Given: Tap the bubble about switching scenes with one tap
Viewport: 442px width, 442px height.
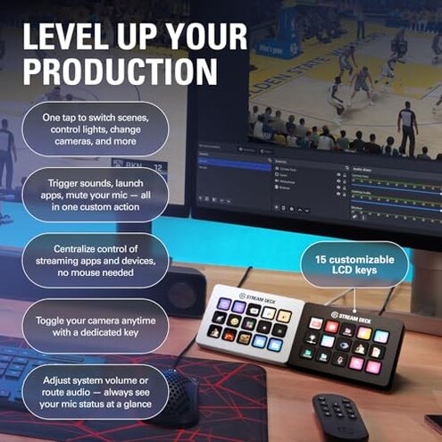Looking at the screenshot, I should tap(94, 128).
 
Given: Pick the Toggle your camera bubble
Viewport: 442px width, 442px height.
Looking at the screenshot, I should tap(95, 326).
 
